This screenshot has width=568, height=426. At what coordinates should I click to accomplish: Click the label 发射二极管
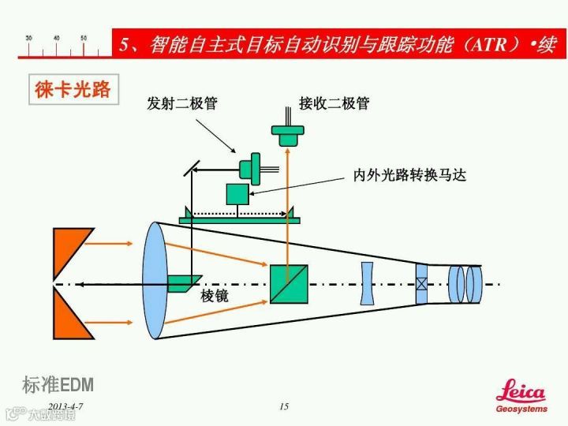pyautogui.click(x=182, y=103)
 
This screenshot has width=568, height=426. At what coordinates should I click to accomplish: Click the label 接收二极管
pyautogui.click(x=334, y=103)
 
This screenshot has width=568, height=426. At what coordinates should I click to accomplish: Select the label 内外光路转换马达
pyautogui.click(x=409, y=175)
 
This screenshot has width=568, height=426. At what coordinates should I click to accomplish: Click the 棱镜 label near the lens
pyautogui.click(x=215, y=297)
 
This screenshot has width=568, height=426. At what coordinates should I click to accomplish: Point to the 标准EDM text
pyautogui.click(x=58, y=385)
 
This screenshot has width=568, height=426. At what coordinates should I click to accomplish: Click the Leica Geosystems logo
pyautogui.click(x=521, y=398)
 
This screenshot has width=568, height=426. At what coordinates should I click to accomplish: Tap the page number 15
pyautogui.click(x=284, y=406)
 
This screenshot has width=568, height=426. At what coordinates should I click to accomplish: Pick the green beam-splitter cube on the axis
pyautogui.click(x=289, y=284)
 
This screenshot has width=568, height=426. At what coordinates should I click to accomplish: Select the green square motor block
pyautogui.click(x=237, y=194)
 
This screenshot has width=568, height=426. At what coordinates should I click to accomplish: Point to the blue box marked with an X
pyautogui.click(x=422, y=284)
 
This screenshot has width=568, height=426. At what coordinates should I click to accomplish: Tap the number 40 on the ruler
pyautogui.click(x=56, y=38)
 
